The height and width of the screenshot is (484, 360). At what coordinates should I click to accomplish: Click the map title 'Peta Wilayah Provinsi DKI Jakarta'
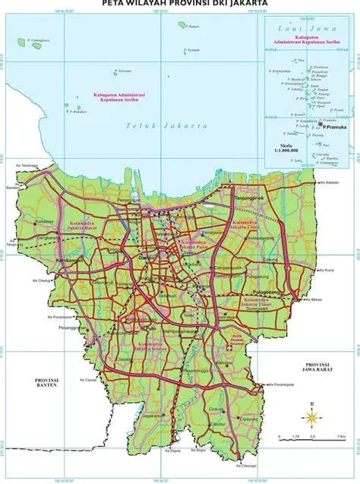(179, 4)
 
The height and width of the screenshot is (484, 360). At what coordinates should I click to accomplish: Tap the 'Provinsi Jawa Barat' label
(318, 369)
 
